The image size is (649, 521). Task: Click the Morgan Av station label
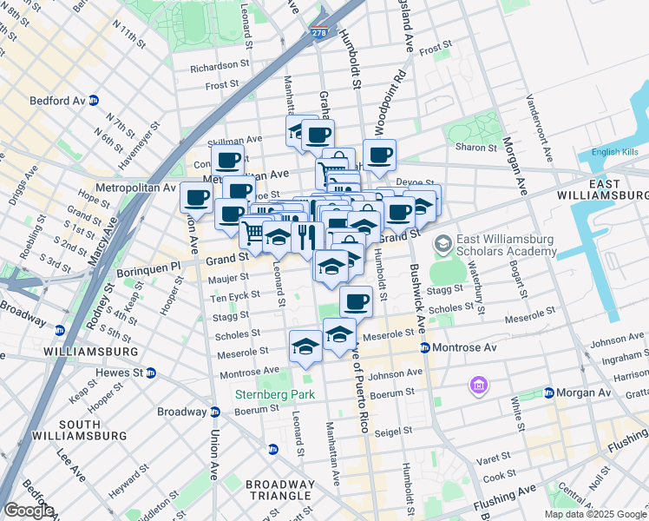click(582, 392)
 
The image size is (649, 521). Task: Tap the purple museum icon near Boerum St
click(476, 384)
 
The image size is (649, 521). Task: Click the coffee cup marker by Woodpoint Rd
click(380, 155)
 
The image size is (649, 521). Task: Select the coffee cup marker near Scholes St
click(356, 302)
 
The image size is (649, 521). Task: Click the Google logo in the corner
click(28, 511)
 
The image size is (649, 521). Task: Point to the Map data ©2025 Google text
click(595, 514)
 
